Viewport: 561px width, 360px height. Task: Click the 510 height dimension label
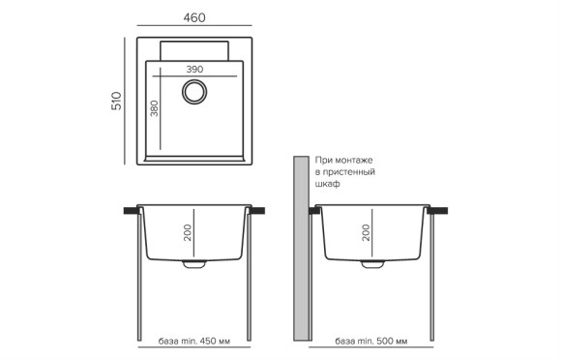[x=115, y=101]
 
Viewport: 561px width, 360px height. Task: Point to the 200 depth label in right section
[x=365, y=232]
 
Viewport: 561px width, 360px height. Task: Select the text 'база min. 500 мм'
[x=371, y=342]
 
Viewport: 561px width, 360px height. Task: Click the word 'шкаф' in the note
[x=327, y=183]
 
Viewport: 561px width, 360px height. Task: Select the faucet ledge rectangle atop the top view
[x=194, y=50]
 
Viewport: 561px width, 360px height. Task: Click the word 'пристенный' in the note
[x=348, y=171]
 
